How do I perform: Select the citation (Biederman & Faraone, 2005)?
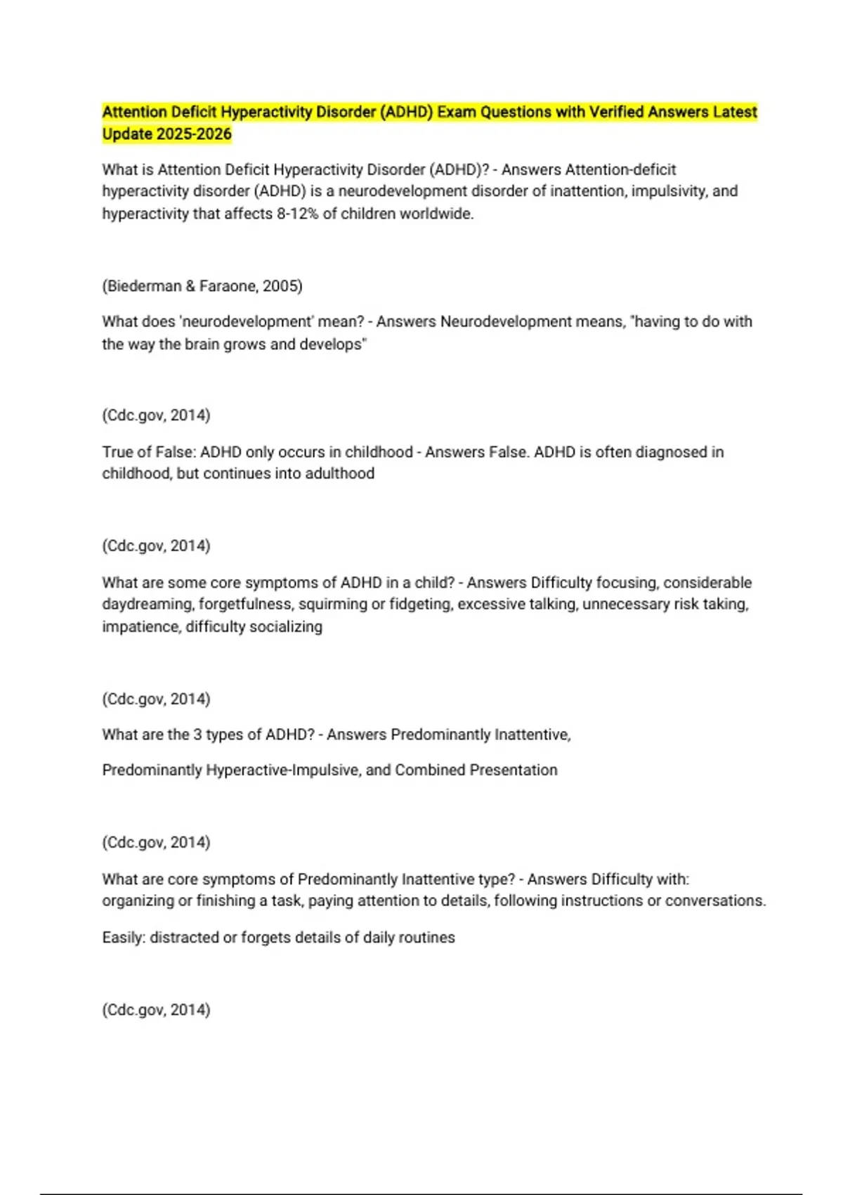click(202, 286)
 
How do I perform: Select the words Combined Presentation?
click(476, 770)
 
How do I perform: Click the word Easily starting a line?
click(123, 938)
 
